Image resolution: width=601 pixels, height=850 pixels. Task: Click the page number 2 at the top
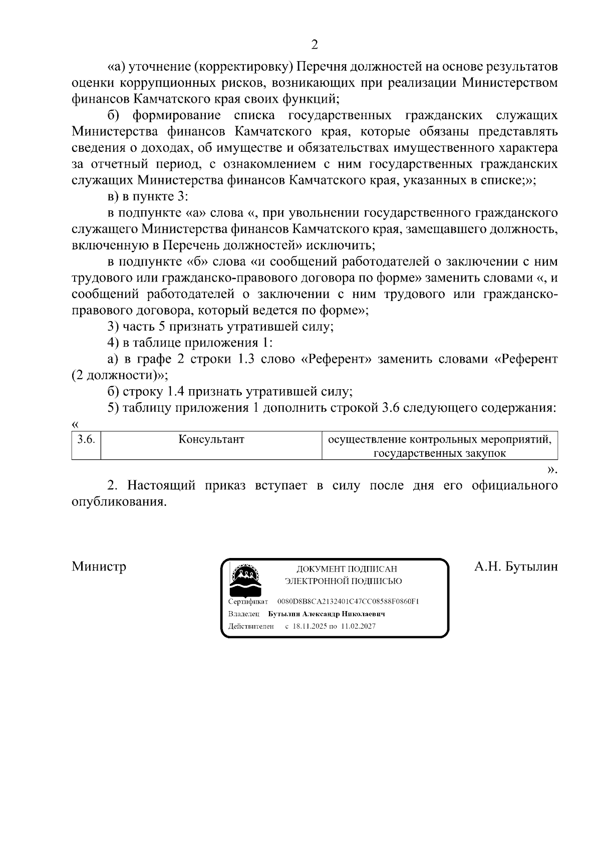pos(315,45)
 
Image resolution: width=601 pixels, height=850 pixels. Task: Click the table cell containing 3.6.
pos(86,439)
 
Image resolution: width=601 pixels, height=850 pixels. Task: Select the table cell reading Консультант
pos(211,439)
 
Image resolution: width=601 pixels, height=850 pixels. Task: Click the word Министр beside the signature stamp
pos(99,566)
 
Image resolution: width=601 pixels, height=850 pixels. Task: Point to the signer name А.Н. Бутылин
pos(515,566)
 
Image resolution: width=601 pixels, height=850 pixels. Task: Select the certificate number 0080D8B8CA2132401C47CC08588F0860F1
pos(348,601)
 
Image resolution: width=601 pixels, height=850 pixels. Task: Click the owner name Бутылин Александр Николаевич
pos(327,614)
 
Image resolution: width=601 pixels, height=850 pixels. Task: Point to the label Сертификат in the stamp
pos(248,601)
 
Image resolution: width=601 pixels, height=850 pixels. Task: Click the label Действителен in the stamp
pos(251,626)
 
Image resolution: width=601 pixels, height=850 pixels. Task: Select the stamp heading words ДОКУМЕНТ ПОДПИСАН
pos(347,569)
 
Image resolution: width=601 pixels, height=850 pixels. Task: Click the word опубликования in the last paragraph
pos(119,502)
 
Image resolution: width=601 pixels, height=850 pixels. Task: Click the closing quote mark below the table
pos(552,470)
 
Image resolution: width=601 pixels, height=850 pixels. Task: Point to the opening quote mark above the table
pos(76,424)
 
